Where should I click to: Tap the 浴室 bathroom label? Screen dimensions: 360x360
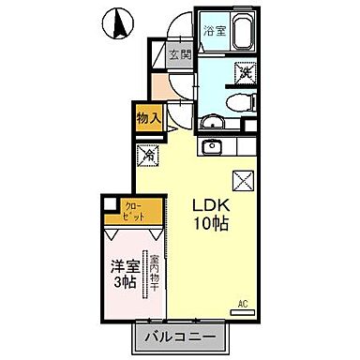coord(216,29)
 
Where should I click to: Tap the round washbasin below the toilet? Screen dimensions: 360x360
coord(215,119)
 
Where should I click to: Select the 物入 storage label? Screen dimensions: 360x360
coord(148,117)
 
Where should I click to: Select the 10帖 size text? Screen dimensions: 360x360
coord(212,224)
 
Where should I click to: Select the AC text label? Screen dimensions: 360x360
coord(243,304)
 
